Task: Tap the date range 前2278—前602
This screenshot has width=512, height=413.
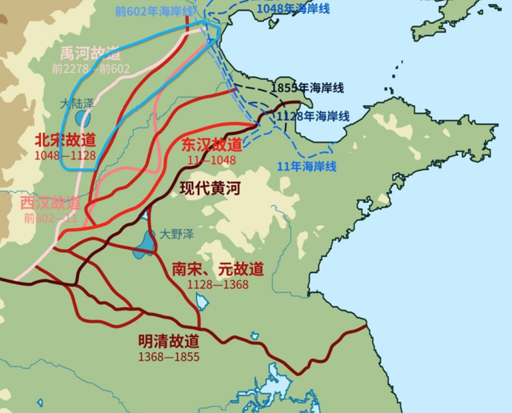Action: point(90,69)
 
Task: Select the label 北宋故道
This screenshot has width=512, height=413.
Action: point(65,138)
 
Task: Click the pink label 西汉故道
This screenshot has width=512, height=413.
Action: point(50,202)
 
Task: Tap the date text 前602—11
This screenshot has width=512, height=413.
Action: point(50,218)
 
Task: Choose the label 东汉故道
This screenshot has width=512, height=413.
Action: point(211,145)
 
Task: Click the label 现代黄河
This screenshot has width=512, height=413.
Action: point(210,189)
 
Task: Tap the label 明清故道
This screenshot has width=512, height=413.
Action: point(169,342)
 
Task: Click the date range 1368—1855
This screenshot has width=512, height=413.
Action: point(169,356)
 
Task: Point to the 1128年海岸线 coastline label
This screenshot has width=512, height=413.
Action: point(313,117)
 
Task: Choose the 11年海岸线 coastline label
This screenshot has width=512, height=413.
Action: point(306,166)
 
